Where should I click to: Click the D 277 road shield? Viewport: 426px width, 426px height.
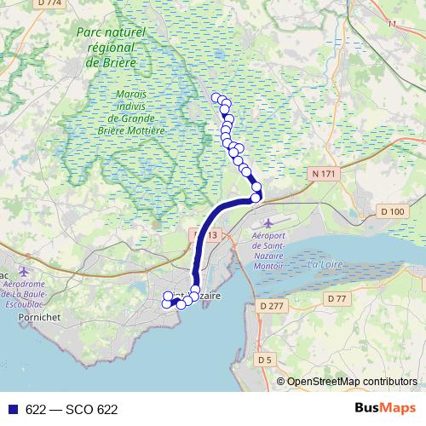click(x=272, y=305)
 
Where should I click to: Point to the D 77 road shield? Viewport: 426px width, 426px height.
click(x=337, y=298)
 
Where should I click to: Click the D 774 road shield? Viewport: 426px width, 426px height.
click(x=51, y=3)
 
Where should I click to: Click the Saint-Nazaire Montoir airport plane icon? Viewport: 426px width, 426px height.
click(x=270, y=223)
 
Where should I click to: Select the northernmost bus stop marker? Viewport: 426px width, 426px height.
click(x=216, y=98)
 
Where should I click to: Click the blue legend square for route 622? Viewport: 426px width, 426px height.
click(x=12, y=410)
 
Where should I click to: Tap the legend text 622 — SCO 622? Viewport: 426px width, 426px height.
click(x=72, y=410)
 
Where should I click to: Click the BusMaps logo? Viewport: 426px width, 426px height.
click(x=385, y=409)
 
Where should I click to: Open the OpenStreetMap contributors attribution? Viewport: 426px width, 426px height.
click(x=352, y=382)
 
